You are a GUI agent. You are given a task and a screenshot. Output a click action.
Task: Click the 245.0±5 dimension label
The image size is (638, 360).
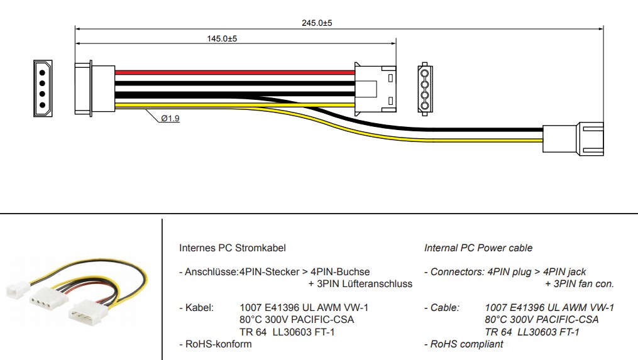point(317,23)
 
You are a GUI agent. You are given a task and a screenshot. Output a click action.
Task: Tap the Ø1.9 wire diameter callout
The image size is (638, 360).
point(170,118)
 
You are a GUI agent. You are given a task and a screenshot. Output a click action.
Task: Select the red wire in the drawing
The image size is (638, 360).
point(233,73)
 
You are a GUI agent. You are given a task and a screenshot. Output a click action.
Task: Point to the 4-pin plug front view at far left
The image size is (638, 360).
point(43,89)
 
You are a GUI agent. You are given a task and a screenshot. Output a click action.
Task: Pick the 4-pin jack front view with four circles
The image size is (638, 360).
point(424,89)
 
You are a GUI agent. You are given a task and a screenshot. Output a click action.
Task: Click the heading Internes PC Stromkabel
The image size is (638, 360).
point(232,248)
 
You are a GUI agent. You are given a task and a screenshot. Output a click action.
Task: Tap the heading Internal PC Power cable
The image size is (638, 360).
point(478,248)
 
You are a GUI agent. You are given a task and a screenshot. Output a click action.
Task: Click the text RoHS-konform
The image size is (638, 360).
point(216,344)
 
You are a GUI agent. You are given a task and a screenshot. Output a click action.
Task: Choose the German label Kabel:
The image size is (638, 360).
point(199,308)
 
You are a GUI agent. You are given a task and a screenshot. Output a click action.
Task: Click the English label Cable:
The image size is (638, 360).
point(444,308)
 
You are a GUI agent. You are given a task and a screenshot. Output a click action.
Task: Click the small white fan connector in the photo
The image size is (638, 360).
point(15,290)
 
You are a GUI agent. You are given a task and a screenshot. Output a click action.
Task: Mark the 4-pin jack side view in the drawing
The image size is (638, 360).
point(375,89)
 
